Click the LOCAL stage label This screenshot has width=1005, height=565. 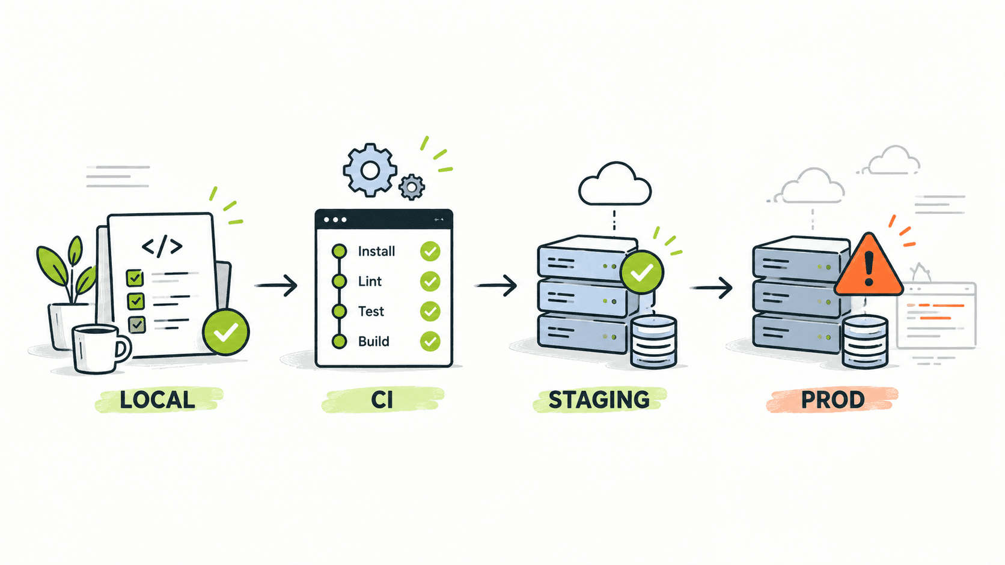tap(157, 400)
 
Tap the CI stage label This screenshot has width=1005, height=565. tap(382, 400)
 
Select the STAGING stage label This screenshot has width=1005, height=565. tap(599, 400)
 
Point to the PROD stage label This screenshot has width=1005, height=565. tap(832, 400)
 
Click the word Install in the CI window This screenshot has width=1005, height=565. tap(376, 252)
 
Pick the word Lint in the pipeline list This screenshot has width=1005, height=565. tap(370, 282)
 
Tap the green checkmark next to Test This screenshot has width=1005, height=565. tap(430, 312)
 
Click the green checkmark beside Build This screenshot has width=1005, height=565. tap(430, 342)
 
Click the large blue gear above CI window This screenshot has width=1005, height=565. tap(370, 171)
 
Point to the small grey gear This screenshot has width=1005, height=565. tap(412, 187)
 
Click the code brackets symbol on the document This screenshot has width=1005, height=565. tap(162, 246)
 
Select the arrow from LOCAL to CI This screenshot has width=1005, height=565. tap(276, 285)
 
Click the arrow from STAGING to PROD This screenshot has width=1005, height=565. tap(711, 288)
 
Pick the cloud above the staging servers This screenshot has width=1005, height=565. tap(615, 184)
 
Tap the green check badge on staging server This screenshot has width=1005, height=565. tap(641, 272)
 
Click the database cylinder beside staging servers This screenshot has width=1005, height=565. tap(653, 342)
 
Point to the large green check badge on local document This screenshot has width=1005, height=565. tap(225, 331)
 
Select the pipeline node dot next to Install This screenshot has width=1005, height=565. tap(339, 252)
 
